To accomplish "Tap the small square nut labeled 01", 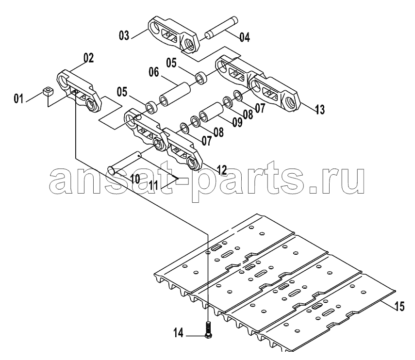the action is coord(48,91).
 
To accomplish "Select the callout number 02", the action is coord(89,58).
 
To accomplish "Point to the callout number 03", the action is coord(124,35).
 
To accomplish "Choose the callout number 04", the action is coord(245,37).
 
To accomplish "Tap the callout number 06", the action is coord(154,72).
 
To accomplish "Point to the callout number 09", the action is coord(237,122).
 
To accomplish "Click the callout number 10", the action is coord(135,179).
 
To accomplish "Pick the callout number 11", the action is coord(153,185).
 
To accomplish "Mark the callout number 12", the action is coord(222,170).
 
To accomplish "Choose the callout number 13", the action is coord(320,109).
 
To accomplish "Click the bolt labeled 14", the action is coord(208,329).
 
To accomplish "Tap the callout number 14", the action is coord(179,333).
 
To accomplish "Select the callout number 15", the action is coord(399,306).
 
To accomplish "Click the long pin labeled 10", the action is coord(124,164).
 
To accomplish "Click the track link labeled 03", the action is coord(173,34).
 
